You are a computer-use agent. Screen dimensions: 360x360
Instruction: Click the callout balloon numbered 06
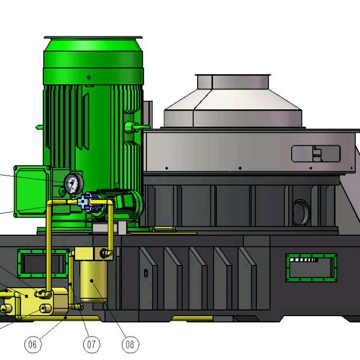point(32,345)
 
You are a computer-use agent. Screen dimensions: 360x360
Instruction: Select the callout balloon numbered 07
point(91,345)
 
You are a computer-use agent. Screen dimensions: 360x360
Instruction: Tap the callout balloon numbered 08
point(130,345)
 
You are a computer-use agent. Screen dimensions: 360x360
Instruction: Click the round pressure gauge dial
point(73,183)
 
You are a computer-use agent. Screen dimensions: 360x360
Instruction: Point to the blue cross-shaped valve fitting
point(83,202)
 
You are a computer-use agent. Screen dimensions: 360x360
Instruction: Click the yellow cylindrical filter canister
point(93,281)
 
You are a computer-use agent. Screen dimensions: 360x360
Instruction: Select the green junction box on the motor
point(33,191)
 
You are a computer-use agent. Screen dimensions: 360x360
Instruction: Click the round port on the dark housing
point(301,212)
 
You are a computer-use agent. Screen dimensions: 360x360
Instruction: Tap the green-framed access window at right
point(312,268)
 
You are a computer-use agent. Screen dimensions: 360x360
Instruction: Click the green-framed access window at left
point(43,263)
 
